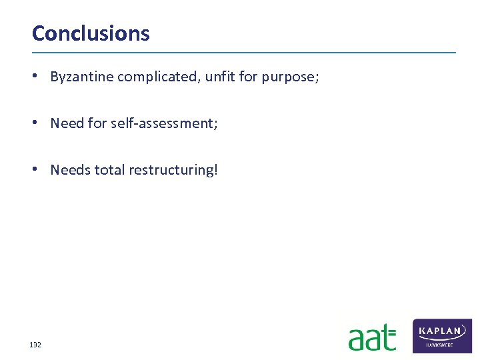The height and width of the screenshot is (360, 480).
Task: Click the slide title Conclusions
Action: [91, 33]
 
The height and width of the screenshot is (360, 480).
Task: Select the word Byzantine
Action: [82, 77]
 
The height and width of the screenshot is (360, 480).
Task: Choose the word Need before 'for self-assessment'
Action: [67, 123]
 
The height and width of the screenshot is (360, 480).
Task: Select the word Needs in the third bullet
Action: [71, 170]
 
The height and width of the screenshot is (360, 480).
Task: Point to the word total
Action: [109, 170]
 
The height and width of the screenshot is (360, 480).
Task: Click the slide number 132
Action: [35, 345]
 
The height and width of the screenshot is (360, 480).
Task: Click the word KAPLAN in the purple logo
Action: [442, 331]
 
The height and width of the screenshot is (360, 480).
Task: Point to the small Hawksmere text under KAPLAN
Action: [442, 345]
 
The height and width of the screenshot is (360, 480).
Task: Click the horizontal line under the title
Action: [244, 52]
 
